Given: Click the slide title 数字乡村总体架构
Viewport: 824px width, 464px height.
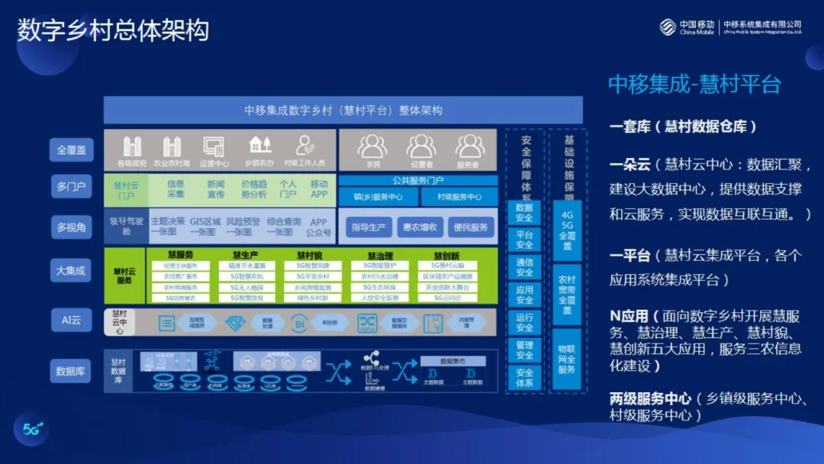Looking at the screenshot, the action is click(x=113, y=31).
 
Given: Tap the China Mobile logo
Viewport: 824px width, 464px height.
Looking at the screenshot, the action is click(x=687, y=27).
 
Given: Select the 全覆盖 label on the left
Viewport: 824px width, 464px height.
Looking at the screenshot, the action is click(x=72, y=150).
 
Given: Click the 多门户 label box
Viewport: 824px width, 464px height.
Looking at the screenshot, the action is click(x=72, y=186).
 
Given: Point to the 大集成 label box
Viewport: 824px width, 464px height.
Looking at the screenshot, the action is click(x=72, y=269).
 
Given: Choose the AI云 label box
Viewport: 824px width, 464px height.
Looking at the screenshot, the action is click(x=72, y=320).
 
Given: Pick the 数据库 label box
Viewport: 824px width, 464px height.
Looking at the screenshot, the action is click(x=72, y=372).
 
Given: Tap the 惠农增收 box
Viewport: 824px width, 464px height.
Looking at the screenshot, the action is click(x=420, y=227).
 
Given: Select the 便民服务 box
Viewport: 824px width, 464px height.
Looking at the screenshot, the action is click(x=470, y=227).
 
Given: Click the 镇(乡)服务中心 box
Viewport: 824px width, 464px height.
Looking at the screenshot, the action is click(x=378, y=197).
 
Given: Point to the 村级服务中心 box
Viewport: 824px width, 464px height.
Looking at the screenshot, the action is click(x=459, y=197).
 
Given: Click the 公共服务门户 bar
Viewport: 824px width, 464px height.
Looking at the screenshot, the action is click(x=418, y=181).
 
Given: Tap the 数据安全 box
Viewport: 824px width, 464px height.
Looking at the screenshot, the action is click(x=524, y=213).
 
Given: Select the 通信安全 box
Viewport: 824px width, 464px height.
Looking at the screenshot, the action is click(x=524, y=268).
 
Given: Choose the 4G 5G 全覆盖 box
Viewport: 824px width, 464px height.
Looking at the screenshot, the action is click(x=567, y=230).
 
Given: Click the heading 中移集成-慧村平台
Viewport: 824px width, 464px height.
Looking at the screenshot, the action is click(x=694, y=85).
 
